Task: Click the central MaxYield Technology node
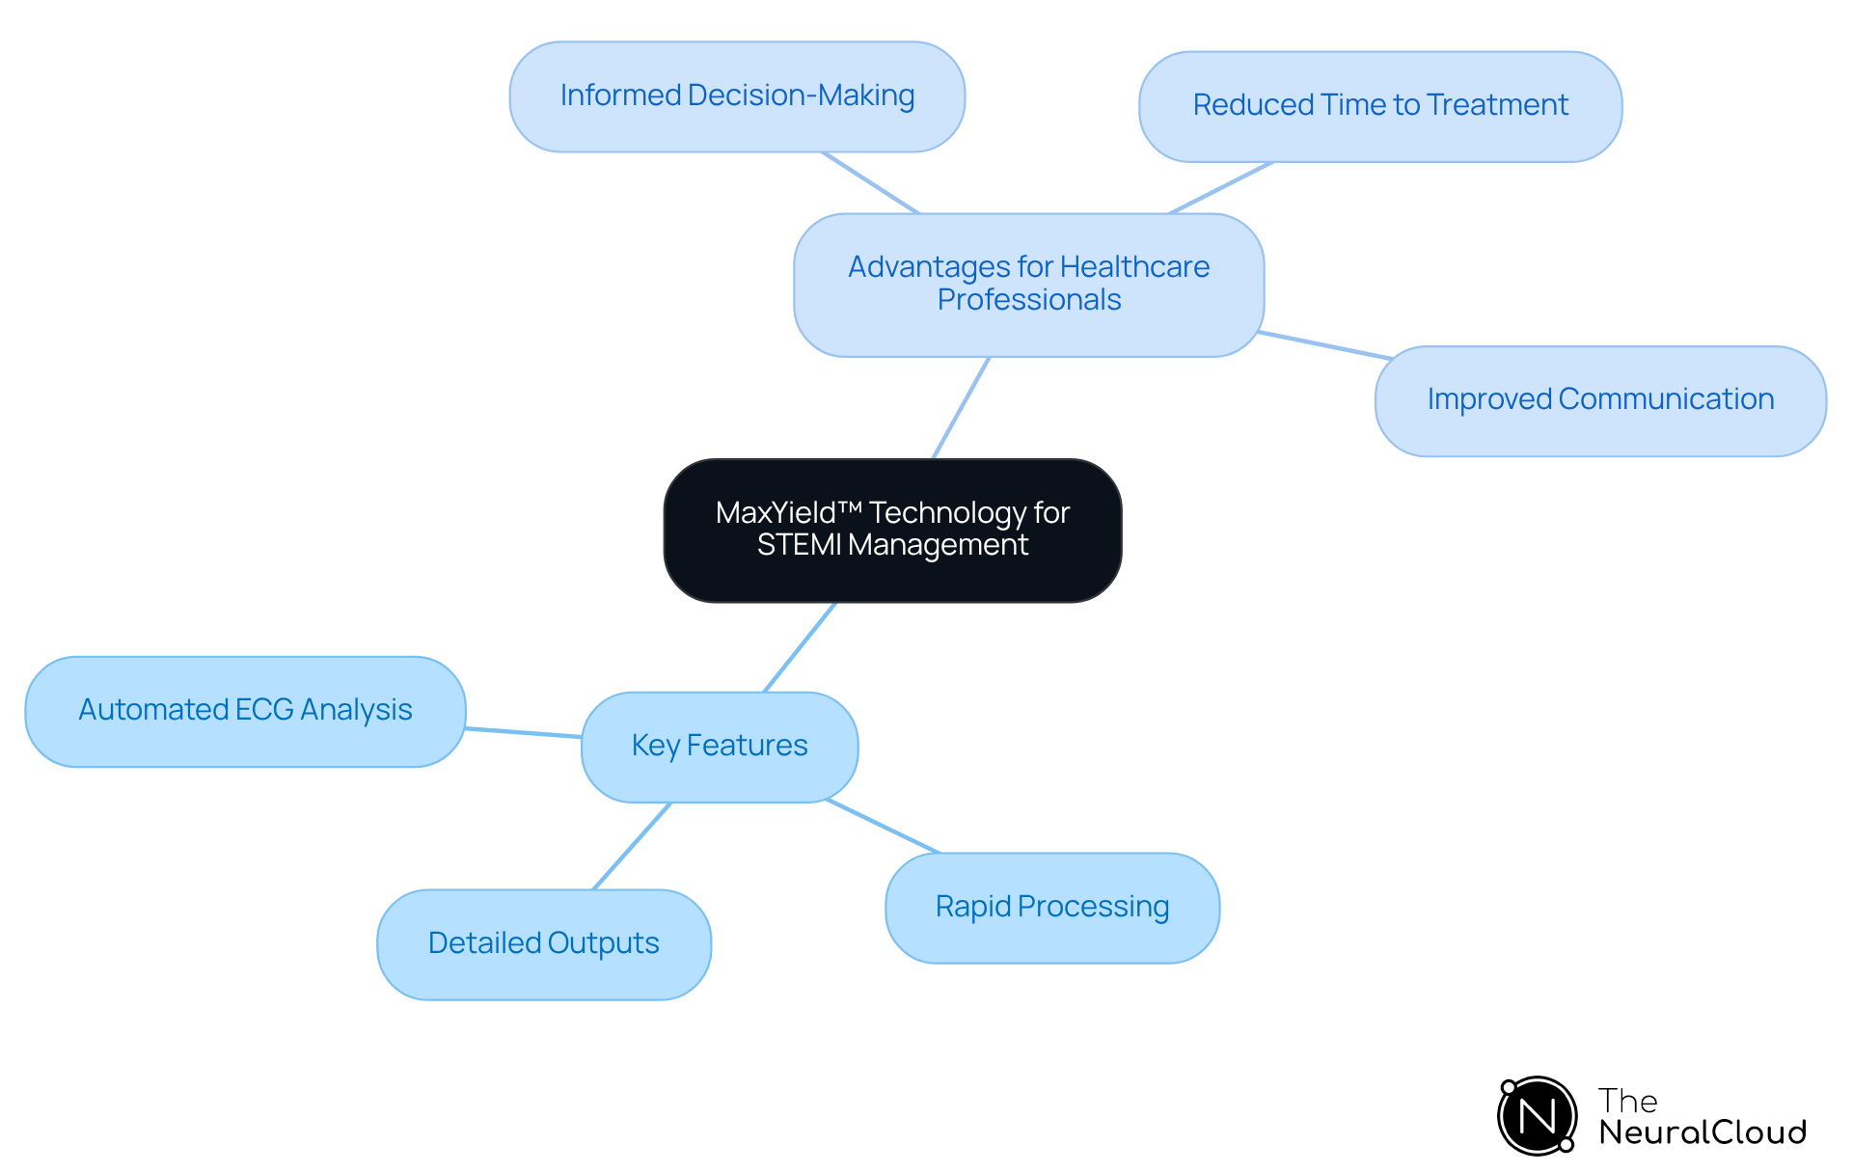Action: click(x=892, y=530)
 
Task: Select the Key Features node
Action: click(x=720, y=746)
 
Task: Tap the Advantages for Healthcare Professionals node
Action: click(x=1028, y=284)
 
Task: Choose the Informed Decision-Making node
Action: click(x=737, y=95)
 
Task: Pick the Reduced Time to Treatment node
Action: click(x=1379, y=105)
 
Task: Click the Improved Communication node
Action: click(x=1599, y=399)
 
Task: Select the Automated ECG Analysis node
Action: click(x=245, y=710)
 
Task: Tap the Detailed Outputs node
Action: click(x=543, y=943)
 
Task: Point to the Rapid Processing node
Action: click(x=1051, y=907)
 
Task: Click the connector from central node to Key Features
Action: click(x=800, y=647)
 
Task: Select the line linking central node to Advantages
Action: click(x=961, y=408)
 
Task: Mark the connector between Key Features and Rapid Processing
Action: click(x=883, y=827)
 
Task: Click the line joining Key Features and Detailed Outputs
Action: click(x=632, y=845)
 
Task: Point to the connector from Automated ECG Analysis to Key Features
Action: click(x=523, y=732)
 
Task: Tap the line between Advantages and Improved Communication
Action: click(x=1324, y=345)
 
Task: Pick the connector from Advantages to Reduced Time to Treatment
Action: click(x=1220, y=188)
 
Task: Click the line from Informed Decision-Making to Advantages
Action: click(x=870, y=182)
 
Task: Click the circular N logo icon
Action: click(x=1537, y=1116)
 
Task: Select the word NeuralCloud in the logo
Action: click(x=1702, y=1132)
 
